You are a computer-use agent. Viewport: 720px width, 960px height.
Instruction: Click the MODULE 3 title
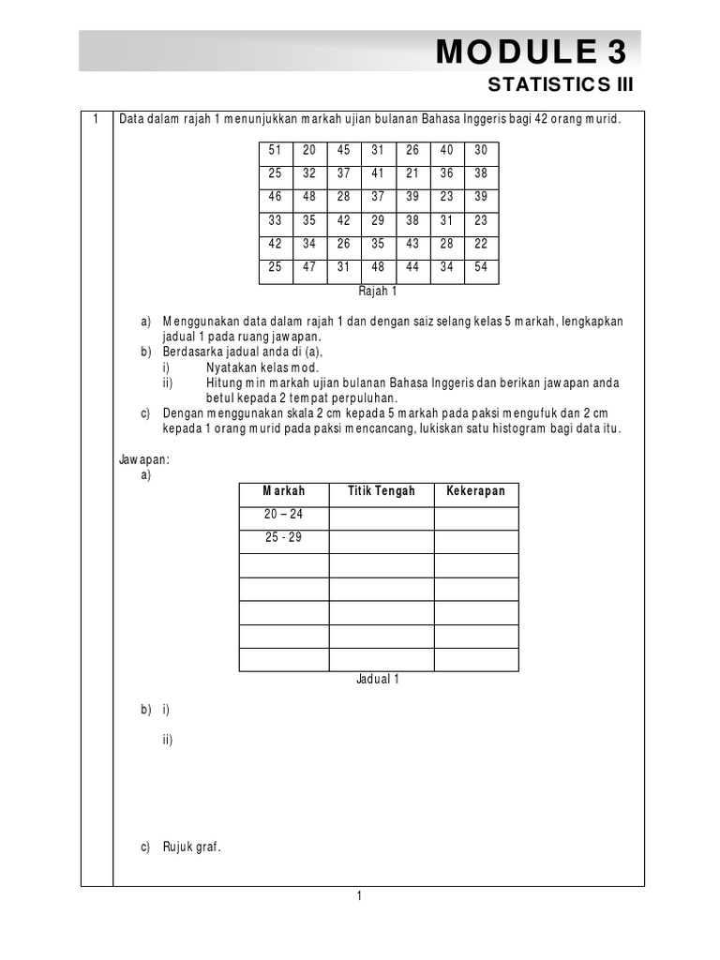(532, 52)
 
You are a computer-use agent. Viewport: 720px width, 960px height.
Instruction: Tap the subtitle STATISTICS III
(562, 85)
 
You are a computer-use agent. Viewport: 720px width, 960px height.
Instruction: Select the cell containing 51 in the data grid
(275, 150)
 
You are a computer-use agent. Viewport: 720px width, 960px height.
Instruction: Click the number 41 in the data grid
(378, 174)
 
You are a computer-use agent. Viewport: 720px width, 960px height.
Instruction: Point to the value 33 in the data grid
(275, 222)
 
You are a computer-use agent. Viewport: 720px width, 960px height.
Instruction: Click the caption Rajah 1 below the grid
(378, 292)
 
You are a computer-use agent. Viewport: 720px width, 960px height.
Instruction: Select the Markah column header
(284, 491)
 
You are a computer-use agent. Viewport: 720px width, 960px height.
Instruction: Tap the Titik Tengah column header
(381, 491)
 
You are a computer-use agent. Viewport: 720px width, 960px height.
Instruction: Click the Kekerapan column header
(475, 491)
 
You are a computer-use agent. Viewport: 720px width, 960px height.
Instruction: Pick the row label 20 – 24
(284, 515)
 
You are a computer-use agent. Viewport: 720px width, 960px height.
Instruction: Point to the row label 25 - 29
(284, 538)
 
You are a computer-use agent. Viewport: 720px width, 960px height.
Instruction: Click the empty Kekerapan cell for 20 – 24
(475, 518)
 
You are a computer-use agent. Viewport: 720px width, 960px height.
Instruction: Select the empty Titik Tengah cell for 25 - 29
(381, 542)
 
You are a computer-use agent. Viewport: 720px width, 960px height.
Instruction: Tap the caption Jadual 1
(378, 680)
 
